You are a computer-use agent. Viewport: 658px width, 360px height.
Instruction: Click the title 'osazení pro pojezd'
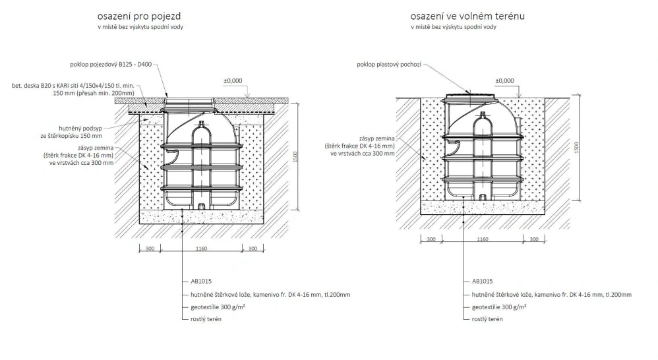[139, 16]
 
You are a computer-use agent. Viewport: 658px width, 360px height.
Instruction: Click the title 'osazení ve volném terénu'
[467, 16]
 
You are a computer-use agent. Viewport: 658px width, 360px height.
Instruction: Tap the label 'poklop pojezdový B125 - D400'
[111, 65]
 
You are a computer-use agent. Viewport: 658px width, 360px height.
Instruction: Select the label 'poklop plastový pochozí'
[389, 65]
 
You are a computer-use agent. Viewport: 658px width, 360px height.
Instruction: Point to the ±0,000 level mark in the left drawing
[233, 81]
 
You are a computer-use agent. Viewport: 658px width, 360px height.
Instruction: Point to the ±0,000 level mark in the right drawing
[504, 81]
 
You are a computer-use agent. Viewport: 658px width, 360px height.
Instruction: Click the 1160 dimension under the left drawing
[202, 249]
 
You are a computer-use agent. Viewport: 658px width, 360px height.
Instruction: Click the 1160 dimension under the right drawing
[483, 239]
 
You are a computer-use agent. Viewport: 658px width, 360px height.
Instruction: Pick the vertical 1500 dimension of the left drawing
[295, 157]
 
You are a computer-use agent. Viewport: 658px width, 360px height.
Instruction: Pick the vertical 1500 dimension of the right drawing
[577, 147]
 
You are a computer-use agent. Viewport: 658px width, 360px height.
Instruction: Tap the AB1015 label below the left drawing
[201, 282]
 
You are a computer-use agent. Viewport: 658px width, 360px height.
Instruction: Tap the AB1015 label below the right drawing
[482, 282]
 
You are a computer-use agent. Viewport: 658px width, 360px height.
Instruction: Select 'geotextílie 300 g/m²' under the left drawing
[218, 307]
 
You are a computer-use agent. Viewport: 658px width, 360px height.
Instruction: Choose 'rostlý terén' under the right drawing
[487, 319]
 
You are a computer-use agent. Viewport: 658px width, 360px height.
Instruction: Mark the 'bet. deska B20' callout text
[73, 90]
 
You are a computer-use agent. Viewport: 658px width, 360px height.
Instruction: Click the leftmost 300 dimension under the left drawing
[150, 249]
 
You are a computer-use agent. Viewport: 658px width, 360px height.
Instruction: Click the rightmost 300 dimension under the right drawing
[534, 239]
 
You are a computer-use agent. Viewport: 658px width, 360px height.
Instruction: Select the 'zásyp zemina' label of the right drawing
[377, 138]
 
